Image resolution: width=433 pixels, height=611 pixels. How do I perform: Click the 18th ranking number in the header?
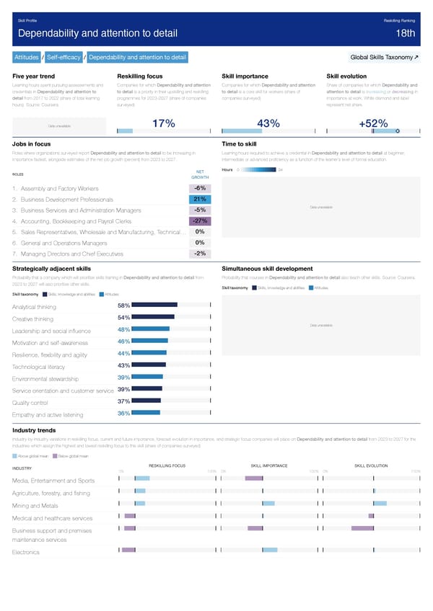tap(406, 34)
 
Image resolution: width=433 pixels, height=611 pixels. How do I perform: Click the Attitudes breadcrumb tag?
tap(26, 57)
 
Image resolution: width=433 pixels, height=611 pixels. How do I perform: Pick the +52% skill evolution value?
tap(373, 125)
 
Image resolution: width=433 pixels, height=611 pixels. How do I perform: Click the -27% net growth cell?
tap(201, 220)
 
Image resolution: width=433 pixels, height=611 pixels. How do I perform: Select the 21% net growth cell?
tap(201, 199)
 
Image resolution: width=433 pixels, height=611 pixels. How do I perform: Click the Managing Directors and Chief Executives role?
tap(72, 254)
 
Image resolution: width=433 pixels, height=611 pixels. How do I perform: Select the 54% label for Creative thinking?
tap(123, 318)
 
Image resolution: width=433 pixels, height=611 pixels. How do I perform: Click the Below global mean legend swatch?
tap(56, 456)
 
